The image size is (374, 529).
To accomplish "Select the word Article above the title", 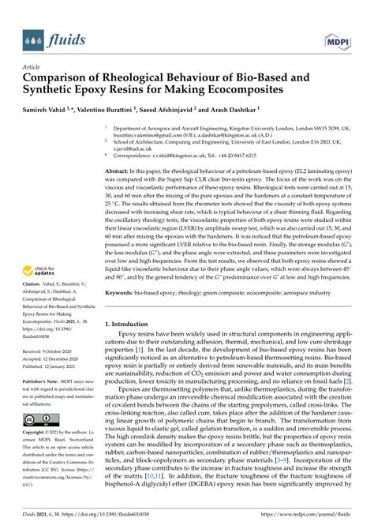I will click(32, 68).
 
